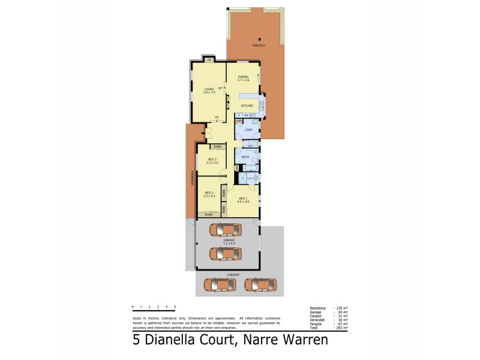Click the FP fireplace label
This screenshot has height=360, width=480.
pos(209,61)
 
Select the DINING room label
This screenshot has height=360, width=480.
pos(243,77)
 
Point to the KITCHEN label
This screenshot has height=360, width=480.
pos(247,106)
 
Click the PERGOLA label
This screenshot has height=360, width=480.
pos(259,46)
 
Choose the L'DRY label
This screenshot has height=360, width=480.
pos(248,130)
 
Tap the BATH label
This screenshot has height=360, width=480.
pos(245,157)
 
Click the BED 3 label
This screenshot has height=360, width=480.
pos(211,160)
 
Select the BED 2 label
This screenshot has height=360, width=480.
pos(209,193)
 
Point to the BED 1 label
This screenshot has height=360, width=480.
pos(243,199)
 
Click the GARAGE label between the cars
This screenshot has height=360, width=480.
pos(229,241)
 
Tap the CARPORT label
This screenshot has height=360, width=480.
pos(233,274)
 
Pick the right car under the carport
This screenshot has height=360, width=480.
pos(260,284)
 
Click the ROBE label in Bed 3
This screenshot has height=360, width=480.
pos(217,146)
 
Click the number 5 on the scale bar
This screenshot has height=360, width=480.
pos(175,307)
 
